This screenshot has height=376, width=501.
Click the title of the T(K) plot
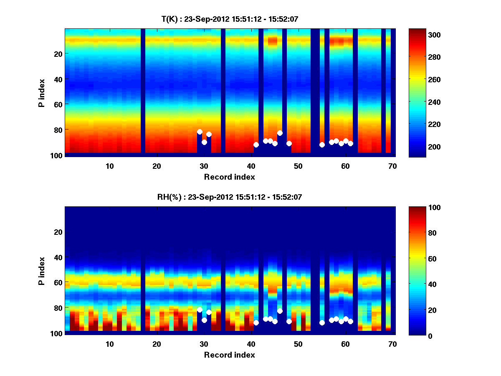tap(230, 18)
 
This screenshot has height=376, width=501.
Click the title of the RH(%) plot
tap(230, 197)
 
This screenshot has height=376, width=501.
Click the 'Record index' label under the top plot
tap(230, 177)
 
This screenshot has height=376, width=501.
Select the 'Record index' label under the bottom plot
tap(230, 355)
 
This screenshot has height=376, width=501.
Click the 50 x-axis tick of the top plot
tap(298, 166)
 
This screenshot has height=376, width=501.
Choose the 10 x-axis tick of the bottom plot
tap(109, 344)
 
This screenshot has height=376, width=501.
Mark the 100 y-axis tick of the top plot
tap(58, 155)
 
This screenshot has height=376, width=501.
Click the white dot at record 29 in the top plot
tap(200, 132)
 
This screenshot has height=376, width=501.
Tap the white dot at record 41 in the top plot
tap(256, 145)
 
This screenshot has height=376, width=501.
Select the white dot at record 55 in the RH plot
tap(322, 323)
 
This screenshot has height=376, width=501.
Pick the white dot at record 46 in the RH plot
tap(280, 311)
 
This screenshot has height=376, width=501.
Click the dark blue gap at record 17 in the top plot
tap(143, 92)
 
